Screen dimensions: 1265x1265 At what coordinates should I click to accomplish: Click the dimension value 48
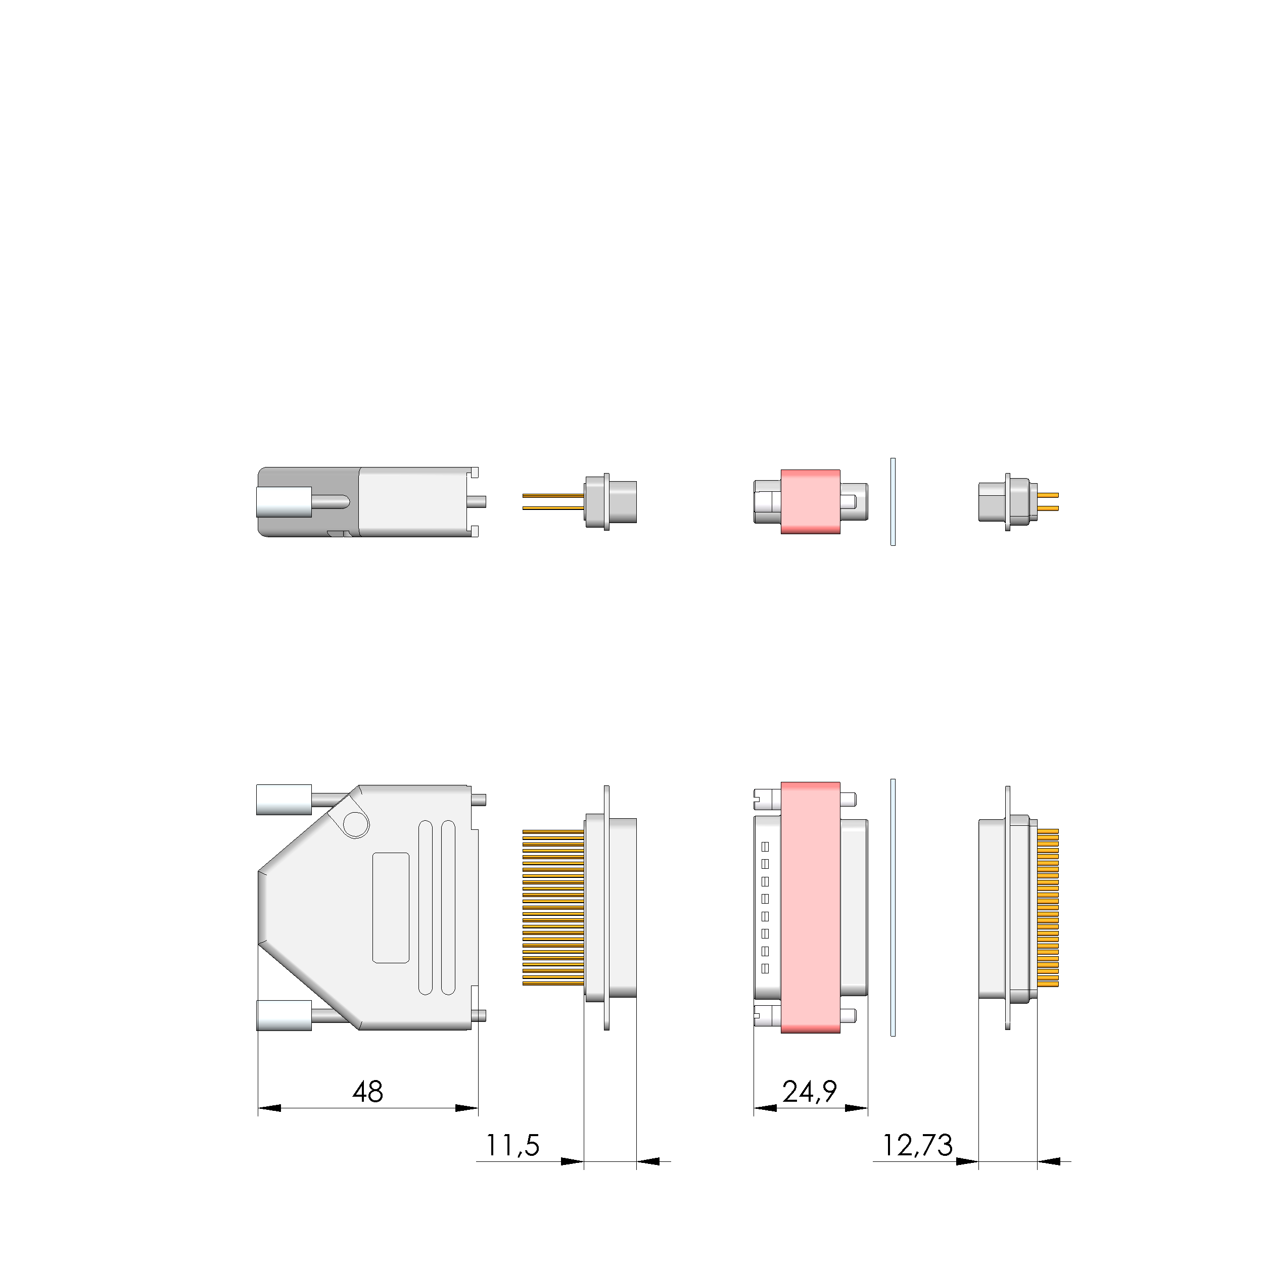click(x=367, y=1092)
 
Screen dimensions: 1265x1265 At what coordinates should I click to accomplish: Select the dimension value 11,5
click(x=512, y=1145)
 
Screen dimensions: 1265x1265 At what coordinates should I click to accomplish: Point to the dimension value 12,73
click(x=917, y=1145)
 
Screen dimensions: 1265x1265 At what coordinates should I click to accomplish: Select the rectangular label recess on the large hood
click(x=391, y=908)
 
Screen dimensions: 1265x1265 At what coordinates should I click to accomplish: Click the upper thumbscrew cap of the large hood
click(x=284, y=800)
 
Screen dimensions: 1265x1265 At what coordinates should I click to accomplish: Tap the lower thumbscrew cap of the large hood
click(x=284, y=1015)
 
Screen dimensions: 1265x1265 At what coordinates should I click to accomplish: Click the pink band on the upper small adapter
click(x=810, y=501)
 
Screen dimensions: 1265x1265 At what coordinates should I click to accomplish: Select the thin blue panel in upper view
click(x=893, y=501)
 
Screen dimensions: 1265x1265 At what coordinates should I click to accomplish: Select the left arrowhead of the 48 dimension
click(x=269, y=1108)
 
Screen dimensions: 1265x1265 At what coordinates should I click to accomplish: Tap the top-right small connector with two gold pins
click(x=1015, y=501)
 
